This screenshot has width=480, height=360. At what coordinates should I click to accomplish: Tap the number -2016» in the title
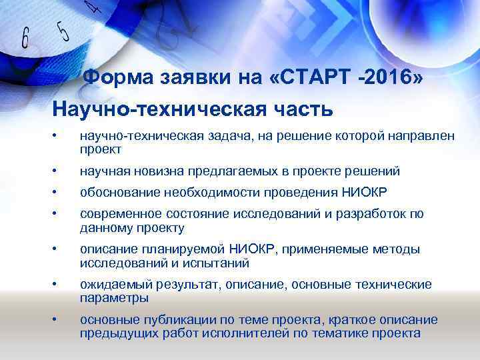[x=389, y=81]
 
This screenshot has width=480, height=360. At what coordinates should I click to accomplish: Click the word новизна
[x=160, y=171]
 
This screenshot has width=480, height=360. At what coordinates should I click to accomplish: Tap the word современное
[x=125, y=214]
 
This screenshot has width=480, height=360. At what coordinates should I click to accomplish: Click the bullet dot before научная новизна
[x=58, y=171]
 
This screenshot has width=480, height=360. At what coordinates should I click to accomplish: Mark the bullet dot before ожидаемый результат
[x=58, y=285]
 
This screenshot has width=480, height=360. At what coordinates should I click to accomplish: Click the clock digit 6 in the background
[x=25, y=39]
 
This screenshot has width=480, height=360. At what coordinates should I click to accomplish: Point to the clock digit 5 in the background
[x=63, y=31]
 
